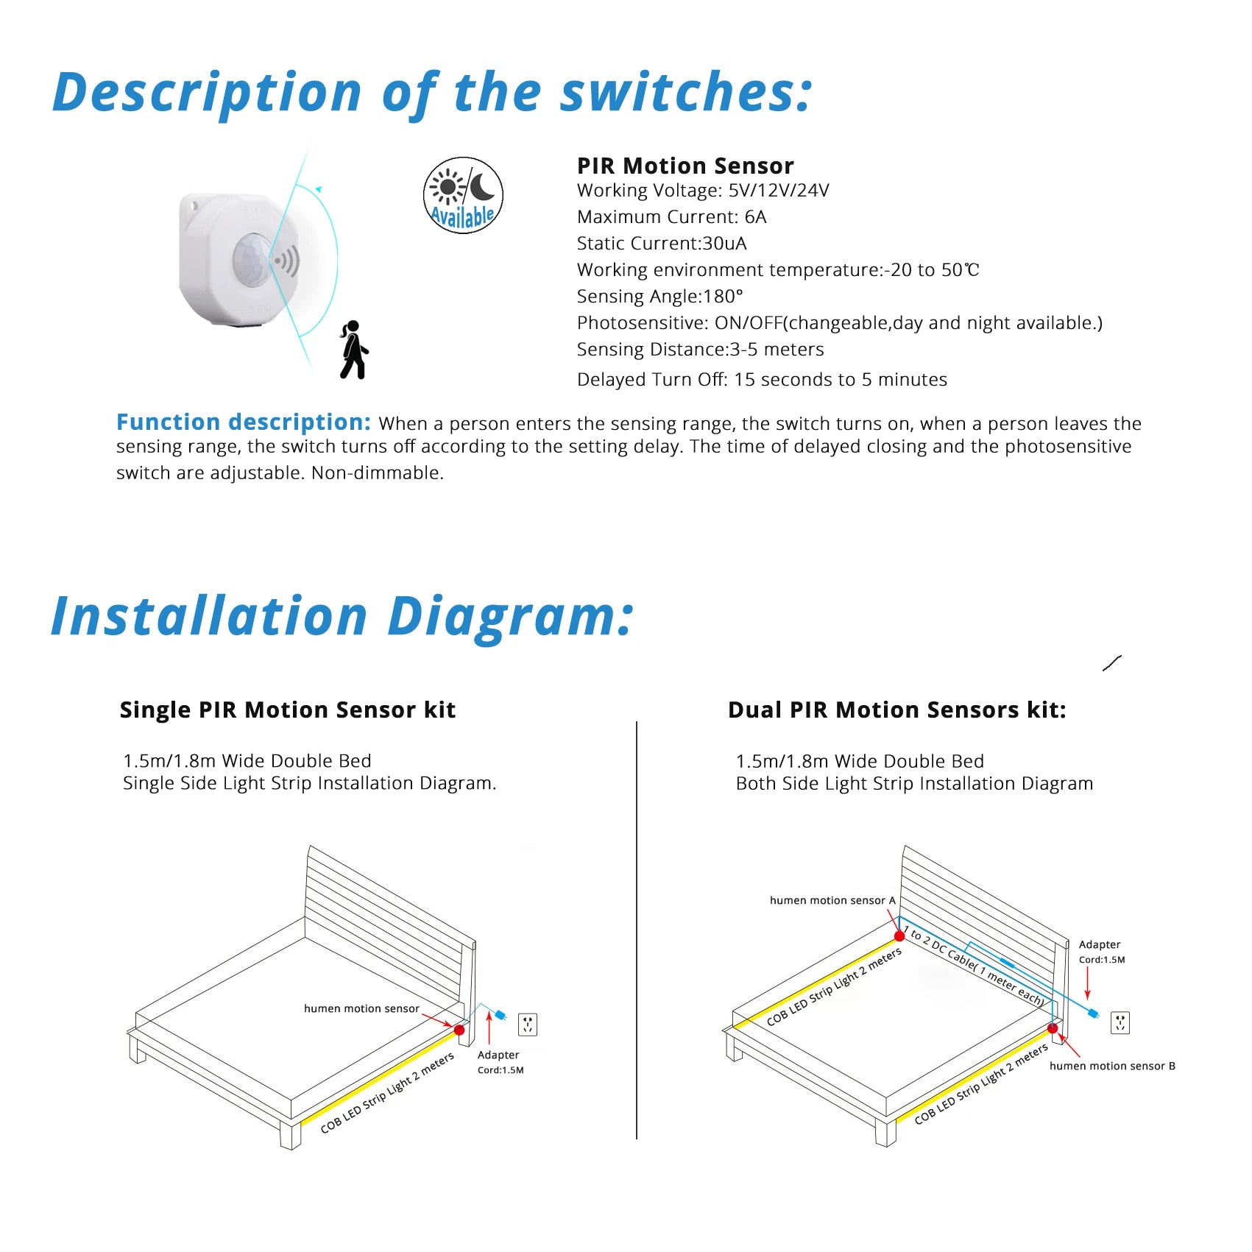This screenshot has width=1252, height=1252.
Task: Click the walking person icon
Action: click(354, 350)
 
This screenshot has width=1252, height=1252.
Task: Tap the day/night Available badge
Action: click(463, 195)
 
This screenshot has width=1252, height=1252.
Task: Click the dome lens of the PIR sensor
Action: click(252, 258)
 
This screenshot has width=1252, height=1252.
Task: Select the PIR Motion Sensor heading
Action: click(685, 166)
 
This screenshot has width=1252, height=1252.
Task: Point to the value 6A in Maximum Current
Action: click(755, 217)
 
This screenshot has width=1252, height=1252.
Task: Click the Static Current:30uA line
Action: click(661, 244)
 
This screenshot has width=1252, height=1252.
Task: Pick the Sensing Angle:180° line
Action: click(659, 297)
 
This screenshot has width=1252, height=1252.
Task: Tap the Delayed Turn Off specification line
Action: click(761, 380)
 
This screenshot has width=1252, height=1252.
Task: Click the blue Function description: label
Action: click(243, 422)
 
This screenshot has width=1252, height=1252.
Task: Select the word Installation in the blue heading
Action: click(209, 617)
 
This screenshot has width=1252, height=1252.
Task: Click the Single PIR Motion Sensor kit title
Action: click(287, 710)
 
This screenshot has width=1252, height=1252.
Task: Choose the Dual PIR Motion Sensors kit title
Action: click(896, 710)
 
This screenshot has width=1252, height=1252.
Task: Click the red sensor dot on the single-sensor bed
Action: click(459, 1030)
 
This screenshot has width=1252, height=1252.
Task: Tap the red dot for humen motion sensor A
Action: click(899, 936)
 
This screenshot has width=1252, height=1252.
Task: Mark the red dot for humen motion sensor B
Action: click(1053, 1028)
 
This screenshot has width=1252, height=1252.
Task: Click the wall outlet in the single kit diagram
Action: click(528, 1024)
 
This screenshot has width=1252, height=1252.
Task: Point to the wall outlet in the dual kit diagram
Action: click(1120, 1022)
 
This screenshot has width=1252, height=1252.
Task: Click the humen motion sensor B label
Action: click(1111, 1066)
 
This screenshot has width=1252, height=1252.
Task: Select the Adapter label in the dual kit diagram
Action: click(1099, 944)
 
